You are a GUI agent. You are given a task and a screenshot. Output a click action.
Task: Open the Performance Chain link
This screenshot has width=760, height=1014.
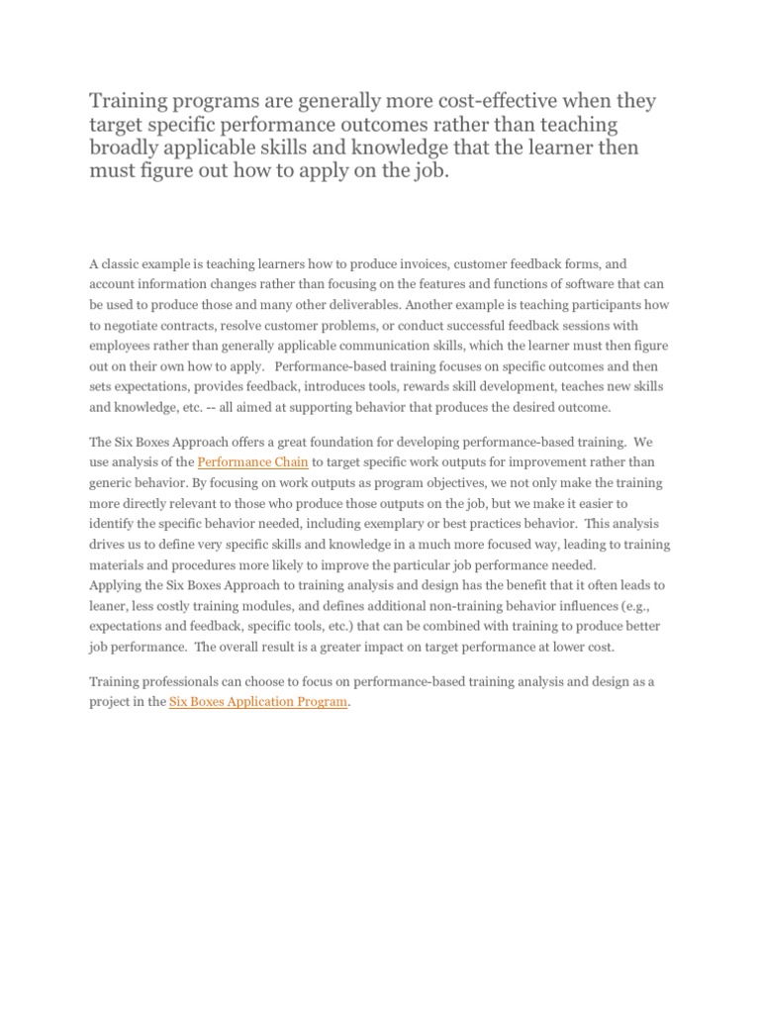[x=253, y=462]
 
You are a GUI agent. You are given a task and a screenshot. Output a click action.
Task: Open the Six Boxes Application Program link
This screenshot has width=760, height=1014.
[x=258, y=702]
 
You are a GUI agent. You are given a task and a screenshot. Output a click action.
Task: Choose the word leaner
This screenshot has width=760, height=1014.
[x=108, y=606]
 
